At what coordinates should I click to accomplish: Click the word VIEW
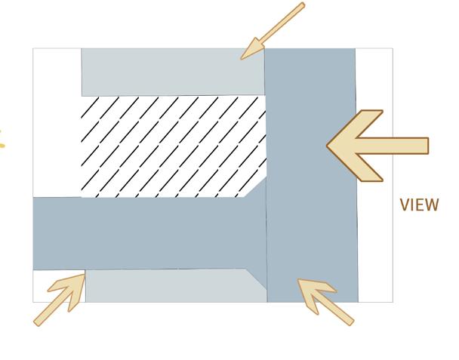pyautogui.click(x=418, y=205)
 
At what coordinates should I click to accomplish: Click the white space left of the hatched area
pyautogui.click(x=57, y=121)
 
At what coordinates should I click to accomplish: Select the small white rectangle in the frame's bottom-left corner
pyautogui.click(x=59, y=286)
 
